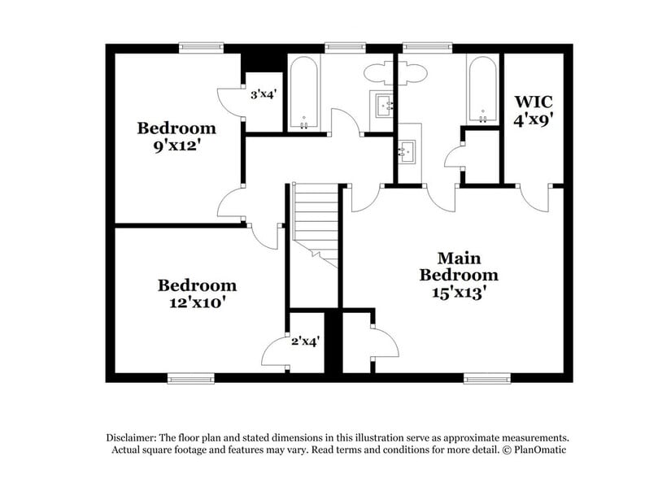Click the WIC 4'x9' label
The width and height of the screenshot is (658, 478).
(533, 111)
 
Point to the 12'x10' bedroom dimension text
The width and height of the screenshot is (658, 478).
(195, 302)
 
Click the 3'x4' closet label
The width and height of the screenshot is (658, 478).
(263, 94)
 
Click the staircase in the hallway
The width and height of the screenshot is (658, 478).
(316, 225)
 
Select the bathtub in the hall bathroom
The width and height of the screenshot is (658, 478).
(303, 93)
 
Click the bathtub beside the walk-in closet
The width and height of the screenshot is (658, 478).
(483, 90)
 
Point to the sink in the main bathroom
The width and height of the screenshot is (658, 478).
(407, 151)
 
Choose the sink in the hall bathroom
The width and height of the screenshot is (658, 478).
(384, 105)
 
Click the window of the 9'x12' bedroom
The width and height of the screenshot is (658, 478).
(201, 47)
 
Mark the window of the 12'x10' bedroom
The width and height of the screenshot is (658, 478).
(191, 379)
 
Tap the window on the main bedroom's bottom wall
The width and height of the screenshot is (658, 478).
(487, 379)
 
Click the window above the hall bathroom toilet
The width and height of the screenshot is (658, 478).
(346, 47)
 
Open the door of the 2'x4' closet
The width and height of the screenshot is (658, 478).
(275, 351)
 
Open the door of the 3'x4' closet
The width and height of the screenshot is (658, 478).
(230, 102)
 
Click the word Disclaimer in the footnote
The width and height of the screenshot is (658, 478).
(131, 437)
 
